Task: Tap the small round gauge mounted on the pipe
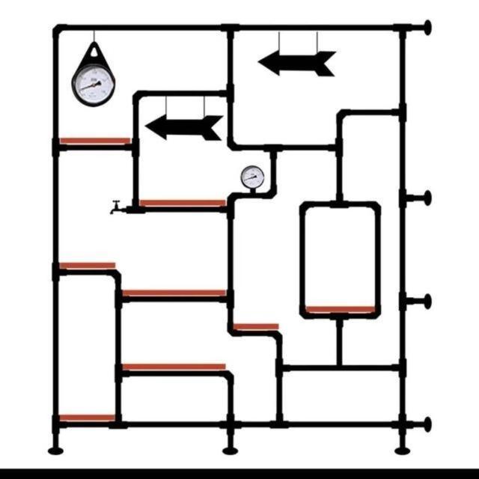251,177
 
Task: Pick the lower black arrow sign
183,127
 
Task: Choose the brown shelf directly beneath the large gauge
95,140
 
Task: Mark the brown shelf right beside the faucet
182,203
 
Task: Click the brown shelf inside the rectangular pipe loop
340,308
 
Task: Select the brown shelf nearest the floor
87,418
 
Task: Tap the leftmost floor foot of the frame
55,450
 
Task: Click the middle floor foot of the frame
230,450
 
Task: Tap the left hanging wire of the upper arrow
280,41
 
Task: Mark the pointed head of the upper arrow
266,64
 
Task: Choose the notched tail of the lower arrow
216,127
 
